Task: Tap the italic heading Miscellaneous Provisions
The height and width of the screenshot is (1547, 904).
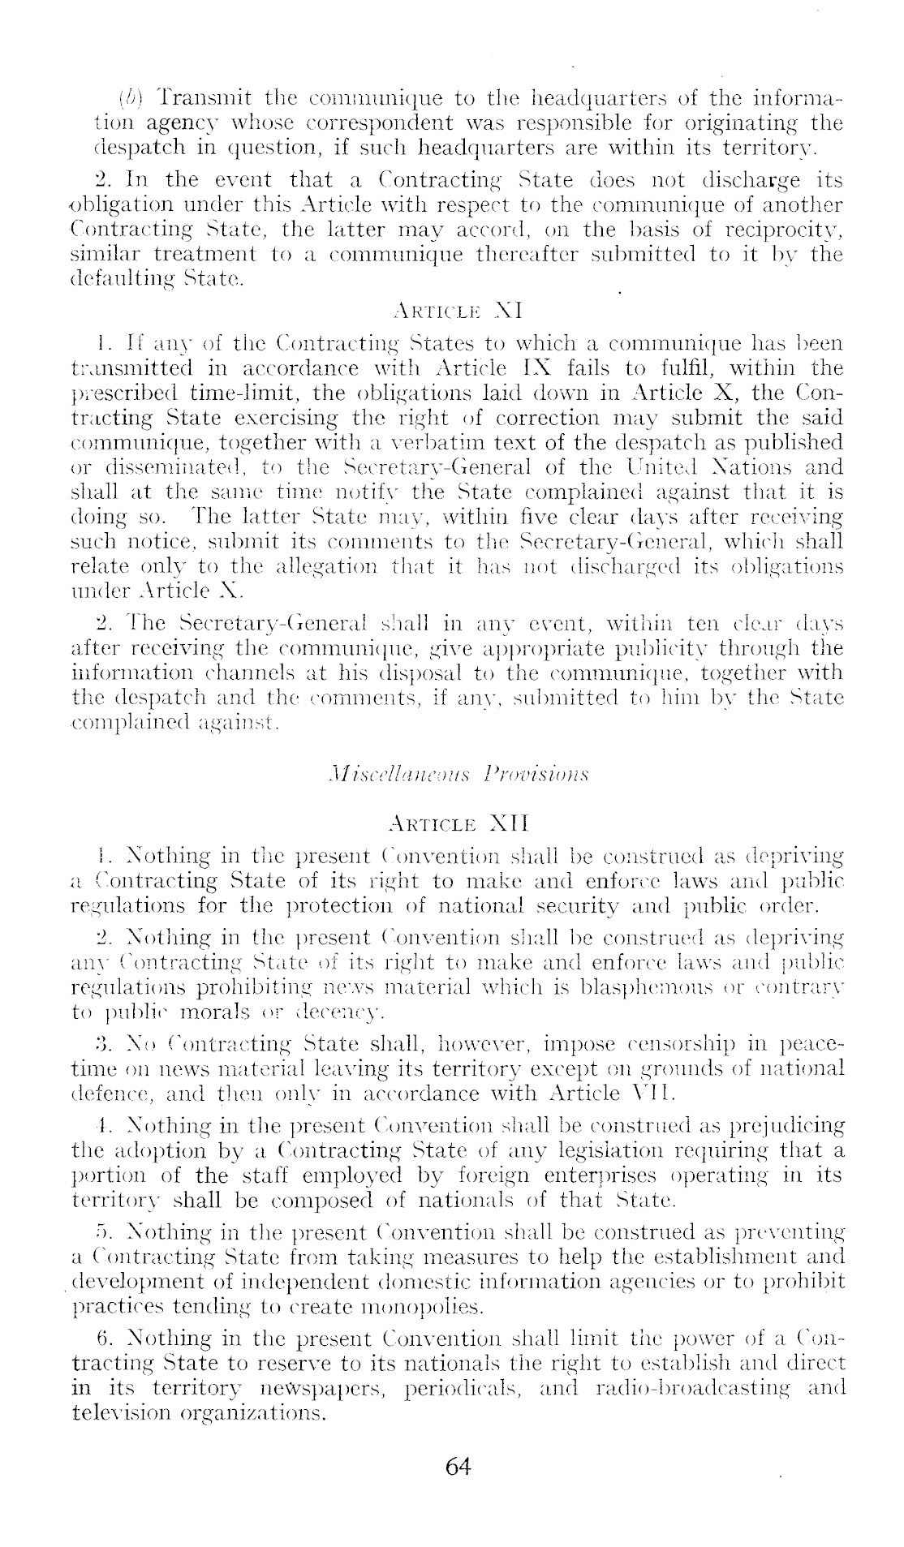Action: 451,768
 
